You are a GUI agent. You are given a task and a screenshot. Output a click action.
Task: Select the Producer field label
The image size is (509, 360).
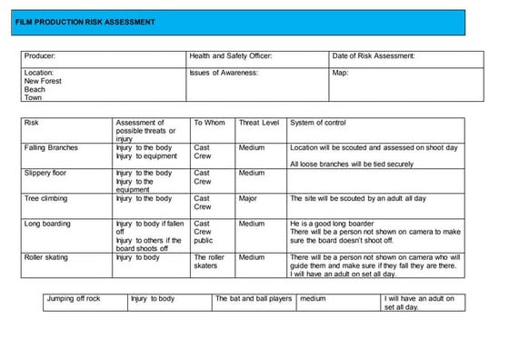tap(42, 56)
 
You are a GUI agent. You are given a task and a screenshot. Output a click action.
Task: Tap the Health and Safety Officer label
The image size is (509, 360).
tap(230, 56)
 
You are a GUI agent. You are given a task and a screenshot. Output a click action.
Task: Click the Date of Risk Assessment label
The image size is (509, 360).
tap(374, 56)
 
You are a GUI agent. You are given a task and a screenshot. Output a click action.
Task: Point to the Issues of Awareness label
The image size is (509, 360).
tap(224, 72)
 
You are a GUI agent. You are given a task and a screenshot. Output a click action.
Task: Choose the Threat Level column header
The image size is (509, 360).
tap(258, 123)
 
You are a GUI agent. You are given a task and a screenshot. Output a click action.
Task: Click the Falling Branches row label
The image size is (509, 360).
tap(51, 147)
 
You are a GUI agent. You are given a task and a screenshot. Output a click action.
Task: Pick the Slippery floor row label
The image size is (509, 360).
tap(47, 173)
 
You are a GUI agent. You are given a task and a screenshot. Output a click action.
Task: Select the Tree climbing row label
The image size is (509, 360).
tap(47, 198)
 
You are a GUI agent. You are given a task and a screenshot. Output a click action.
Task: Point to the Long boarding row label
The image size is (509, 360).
tap(47, 223)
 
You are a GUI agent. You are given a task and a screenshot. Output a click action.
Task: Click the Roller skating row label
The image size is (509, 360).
tap(47, 257)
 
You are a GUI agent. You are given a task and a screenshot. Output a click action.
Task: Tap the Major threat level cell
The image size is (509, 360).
tap(248, 198)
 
